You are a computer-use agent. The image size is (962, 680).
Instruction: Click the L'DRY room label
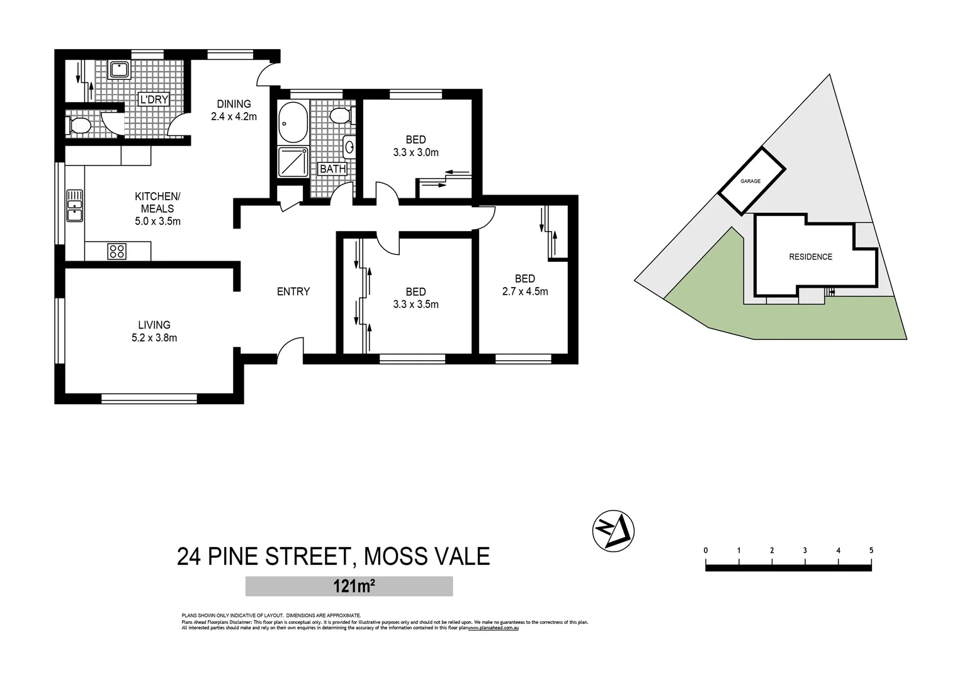154,99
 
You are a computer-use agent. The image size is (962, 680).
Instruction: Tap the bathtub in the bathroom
292,123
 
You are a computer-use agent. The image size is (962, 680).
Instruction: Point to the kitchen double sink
74,206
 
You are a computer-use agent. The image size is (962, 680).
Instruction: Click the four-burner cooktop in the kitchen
117,251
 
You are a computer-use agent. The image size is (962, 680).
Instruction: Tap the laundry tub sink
120,69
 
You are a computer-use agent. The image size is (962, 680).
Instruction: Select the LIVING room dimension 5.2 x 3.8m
154,338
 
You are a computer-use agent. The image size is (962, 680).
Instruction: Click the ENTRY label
293,292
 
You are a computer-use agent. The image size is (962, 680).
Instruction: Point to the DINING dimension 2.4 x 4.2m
234,116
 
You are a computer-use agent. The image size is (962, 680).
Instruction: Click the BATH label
332,169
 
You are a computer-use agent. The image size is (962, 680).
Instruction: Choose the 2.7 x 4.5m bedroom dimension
524,292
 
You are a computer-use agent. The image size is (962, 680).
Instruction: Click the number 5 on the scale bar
871,550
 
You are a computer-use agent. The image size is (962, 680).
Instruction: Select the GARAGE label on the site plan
750,181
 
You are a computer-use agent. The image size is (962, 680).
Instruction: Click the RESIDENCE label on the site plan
810,257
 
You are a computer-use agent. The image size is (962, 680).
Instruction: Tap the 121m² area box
349,586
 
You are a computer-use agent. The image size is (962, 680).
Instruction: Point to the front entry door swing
290,350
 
